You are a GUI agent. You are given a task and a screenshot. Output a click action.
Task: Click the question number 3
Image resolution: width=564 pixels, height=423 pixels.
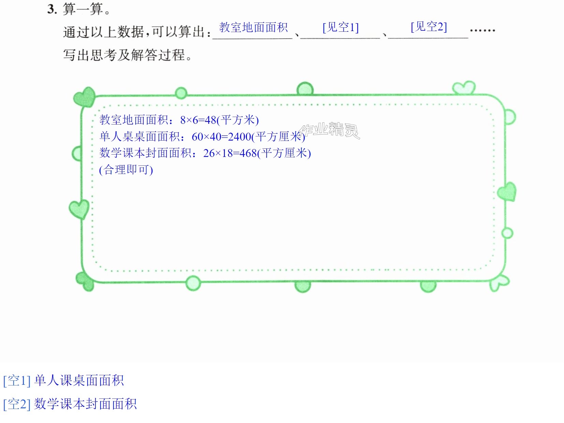(x=51, y=9)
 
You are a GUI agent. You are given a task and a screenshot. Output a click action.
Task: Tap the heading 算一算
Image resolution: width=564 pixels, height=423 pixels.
(x=83, y=9)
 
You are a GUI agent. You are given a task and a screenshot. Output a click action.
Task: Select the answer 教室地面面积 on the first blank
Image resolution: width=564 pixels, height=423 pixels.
(x=253, y=27)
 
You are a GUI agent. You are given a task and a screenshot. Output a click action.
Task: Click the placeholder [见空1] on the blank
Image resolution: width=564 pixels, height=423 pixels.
(x=340, y=27)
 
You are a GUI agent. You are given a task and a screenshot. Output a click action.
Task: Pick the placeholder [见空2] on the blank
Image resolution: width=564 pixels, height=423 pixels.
(x=429, y=27)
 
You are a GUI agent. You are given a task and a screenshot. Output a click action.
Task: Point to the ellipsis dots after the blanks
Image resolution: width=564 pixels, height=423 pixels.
(x=482, y=30)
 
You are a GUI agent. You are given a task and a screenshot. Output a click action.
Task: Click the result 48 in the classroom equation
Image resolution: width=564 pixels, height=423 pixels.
(x=210, y=120)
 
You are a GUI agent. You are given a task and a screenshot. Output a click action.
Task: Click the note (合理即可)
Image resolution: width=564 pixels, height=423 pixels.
(x=126, y=170)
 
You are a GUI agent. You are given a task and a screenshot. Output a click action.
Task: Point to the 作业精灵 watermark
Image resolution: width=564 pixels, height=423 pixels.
(x=330, y=131)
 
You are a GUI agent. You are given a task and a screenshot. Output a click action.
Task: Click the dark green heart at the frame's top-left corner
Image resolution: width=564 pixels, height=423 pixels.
(x=84, y=97)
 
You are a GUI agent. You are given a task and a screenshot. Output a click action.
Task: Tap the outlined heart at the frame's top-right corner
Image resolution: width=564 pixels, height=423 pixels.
(x=464, y=88)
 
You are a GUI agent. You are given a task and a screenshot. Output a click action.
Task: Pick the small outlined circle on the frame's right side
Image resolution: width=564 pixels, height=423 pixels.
(x=507, y=233)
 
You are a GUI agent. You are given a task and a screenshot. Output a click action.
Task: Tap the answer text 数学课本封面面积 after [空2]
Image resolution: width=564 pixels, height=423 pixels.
(x=85, y=404)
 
